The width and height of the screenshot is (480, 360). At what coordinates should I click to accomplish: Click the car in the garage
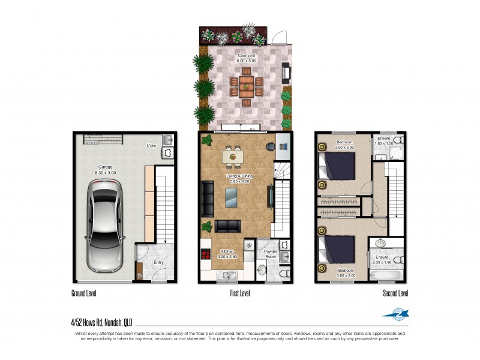click(104, 225)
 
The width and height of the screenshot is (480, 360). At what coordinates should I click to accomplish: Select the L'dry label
click(151, 146)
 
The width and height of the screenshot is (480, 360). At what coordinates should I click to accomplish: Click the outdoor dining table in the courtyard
click(246, 86)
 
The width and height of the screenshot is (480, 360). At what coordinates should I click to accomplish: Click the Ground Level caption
click(83, 293)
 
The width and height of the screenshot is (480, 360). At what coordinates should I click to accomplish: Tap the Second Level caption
click(395, 293)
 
